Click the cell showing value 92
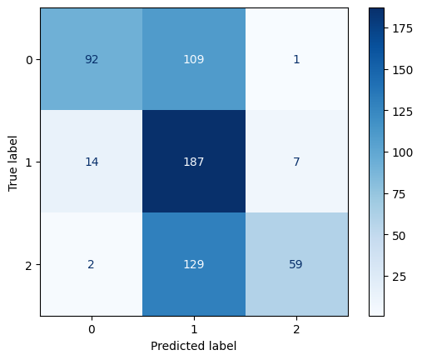click(x=91, y=59)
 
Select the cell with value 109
click(x=194, y=59)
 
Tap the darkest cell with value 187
click(x=194, y=162)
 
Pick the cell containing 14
click(x=91, y=162)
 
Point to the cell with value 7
click(x=297, y=162)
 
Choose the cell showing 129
click(x=194, y=265)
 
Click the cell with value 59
click(x=297, y=265)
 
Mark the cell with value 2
click(x=91, y=265)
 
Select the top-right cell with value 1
click(x=297, y=59)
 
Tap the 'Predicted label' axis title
click(x=194, y=346)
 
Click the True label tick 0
click(x=28, y=59)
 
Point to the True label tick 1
click(x=28, y=162)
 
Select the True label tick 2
click(x=28, y=265)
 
